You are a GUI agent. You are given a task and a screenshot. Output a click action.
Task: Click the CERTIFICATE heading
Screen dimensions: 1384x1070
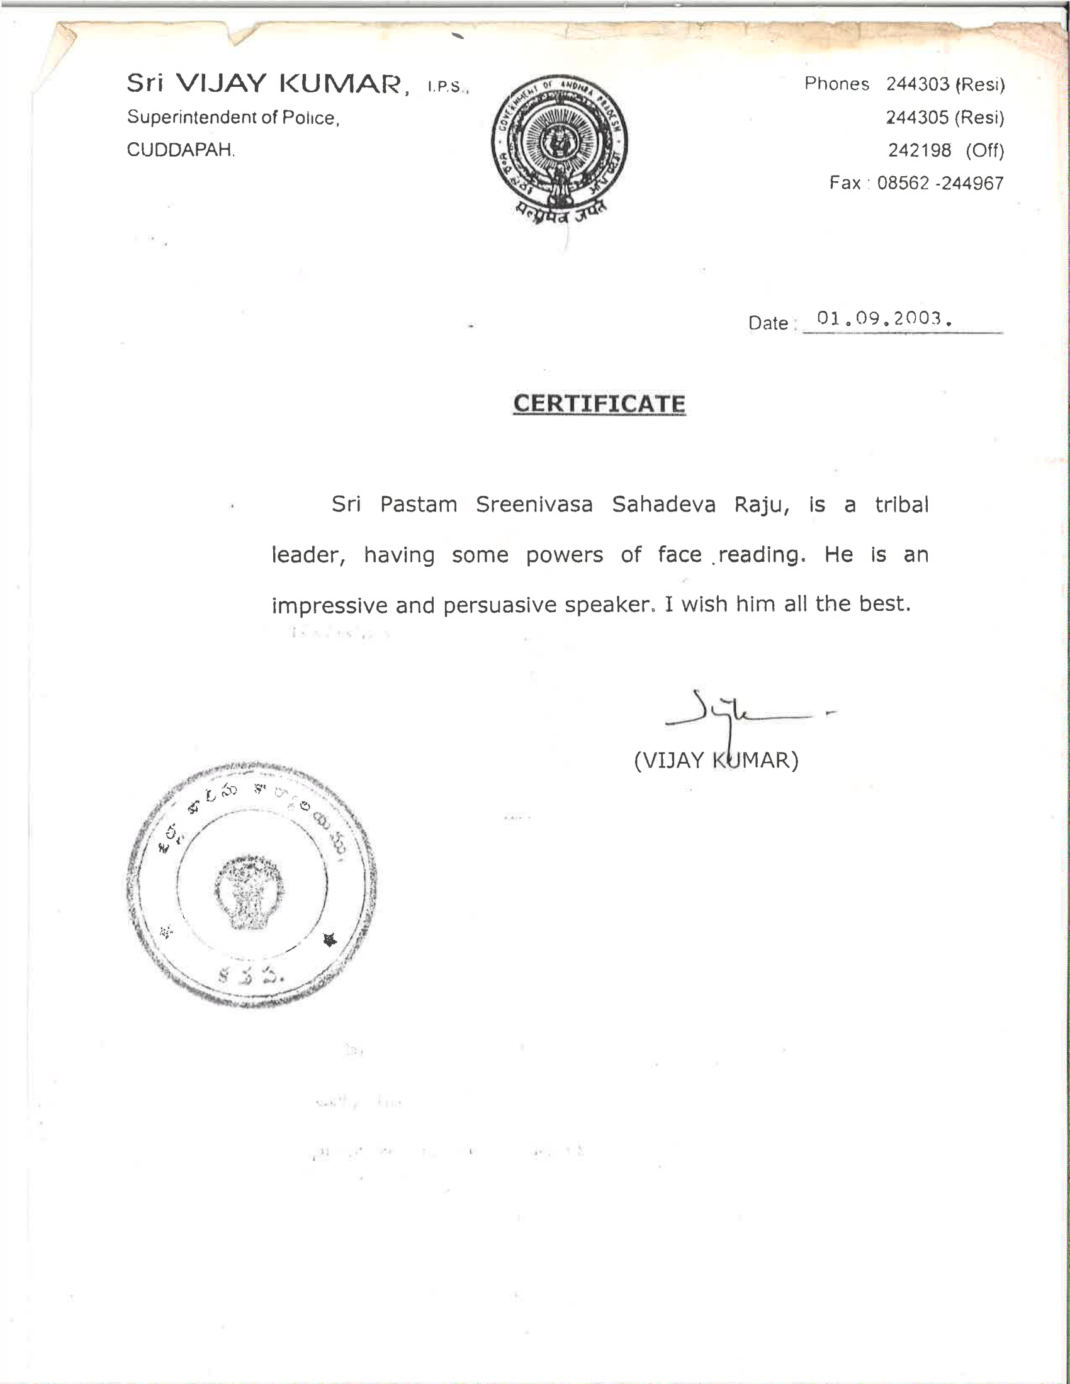pos(599,404)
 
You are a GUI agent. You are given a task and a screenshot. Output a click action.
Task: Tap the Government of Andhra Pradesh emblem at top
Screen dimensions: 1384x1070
pos(560,149)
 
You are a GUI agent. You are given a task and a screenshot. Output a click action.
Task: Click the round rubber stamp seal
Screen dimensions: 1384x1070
pos(252,885)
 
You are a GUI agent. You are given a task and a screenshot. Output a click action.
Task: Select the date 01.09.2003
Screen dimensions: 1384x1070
pos(884,318)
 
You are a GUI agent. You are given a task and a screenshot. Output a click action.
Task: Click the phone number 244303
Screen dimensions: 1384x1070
pos(917,84)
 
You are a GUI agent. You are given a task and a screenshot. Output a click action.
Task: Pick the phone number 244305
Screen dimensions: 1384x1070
pos(917,117)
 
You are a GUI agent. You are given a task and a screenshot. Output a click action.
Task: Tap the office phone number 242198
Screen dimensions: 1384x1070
pos(919,150)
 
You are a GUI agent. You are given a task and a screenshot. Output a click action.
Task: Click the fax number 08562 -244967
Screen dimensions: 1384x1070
pos(940,183)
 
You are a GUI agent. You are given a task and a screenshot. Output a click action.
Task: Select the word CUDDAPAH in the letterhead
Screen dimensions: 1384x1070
pos(181,150)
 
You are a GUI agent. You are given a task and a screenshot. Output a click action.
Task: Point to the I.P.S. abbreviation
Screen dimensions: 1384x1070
pos(447,87)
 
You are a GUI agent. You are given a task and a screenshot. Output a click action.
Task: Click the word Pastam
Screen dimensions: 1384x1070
pos(419,505)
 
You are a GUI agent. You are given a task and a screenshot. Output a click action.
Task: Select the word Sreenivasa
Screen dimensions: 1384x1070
pos(534,505)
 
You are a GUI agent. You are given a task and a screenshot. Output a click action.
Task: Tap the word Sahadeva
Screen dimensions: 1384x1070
pos(663,505)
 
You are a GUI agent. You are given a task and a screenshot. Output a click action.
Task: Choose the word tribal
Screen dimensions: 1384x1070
pos(901,505)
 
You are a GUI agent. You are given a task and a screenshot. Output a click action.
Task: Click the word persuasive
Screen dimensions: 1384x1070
pos(500,605)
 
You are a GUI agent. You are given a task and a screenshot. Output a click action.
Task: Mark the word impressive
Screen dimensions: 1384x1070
pos(330,605)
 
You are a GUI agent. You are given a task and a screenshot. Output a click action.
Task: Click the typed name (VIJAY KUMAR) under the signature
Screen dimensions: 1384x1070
pos(716,760)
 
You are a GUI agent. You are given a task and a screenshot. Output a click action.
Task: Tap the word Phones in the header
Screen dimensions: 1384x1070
pos(836,84)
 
